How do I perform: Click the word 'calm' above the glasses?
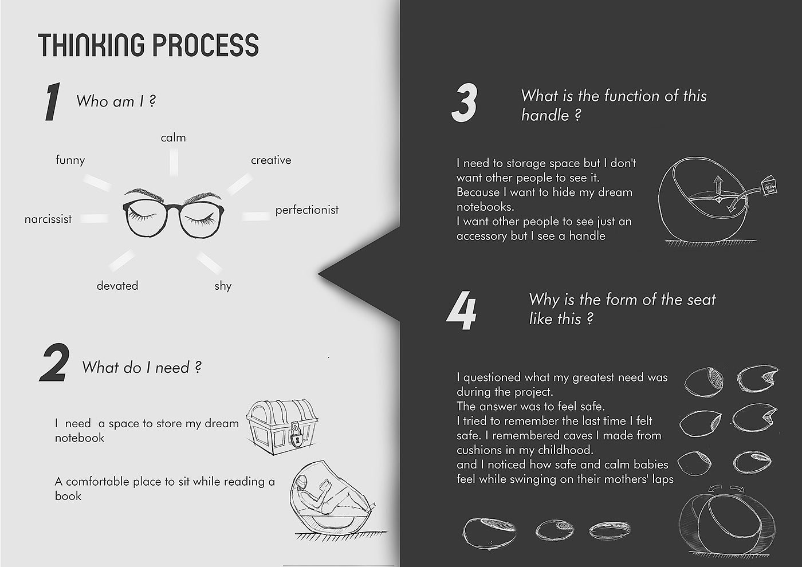coord(173,138)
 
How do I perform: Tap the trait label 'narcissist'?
coord(48,219)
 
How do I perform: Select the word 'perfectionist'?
coord(307,210)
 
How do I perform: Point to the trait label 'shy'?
coord(223,286)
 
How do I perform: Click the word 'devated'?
coord(117,286)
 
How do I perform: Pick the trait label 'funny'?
coord(70,160)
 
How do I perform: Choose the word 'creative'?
coord(271,160)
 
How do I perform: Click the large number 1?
coord(53,101)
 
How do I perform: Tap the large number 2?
coord(54,362)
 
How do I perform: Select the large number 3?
coord(465,103)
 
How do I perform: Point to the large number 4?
coord(462,310)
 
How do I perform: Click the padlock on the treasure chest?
coord(296,436)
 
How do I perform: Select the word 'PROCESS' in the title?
coord(206,45)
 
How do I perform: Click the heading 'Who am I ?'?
coord(116,101)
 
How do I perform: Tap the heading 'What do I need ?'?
coord(142,368)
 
